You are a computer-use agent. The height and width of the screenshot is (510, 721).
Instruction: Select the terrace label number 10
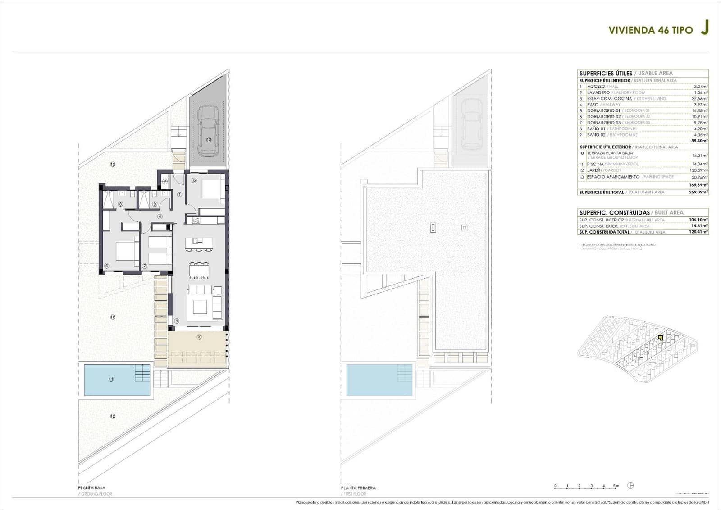click(199, 337)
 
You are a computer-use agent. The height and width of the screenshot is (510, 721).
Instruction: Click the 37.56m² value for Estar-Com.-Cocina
click(699, 98)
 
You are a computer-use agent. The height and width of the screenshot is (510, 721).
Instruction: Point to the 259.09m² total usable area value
click(699, 192)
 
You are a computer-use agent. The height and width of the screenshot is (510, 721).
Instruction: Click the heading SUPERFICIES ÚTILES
click(605, 73)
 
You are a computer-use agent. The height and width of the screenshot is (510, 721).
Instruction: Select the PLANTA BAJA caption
click(91, 487)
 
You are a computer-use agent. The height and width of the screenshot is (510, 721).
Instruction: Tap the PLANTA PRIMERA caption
click(358, 487)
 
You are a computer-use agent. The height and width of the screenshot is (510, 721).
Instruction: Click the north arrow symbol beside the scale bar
click(631, 486)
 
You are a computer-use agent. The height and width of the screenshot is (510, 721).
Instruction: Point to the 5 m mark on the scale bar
click(616, 486)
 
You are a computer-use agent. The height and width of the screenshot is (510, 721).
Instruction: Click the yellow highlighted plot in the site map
click(660, 338)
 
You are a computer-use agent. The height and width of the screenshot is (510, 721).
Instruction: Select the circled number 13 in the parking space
click(209, 140)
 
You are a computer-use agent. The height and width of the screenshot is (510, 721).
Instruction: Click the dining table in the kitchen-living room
click(199, 271)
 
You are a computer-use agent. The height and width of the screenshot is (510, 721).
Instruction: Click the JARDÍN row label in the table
click(595, 170)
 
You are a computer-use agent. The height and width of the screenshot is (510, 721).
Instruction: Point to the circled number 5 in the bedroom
click(106, 266)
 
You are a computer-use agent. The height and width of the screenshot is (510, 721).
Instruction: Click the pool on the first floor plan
click(379, 380)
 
